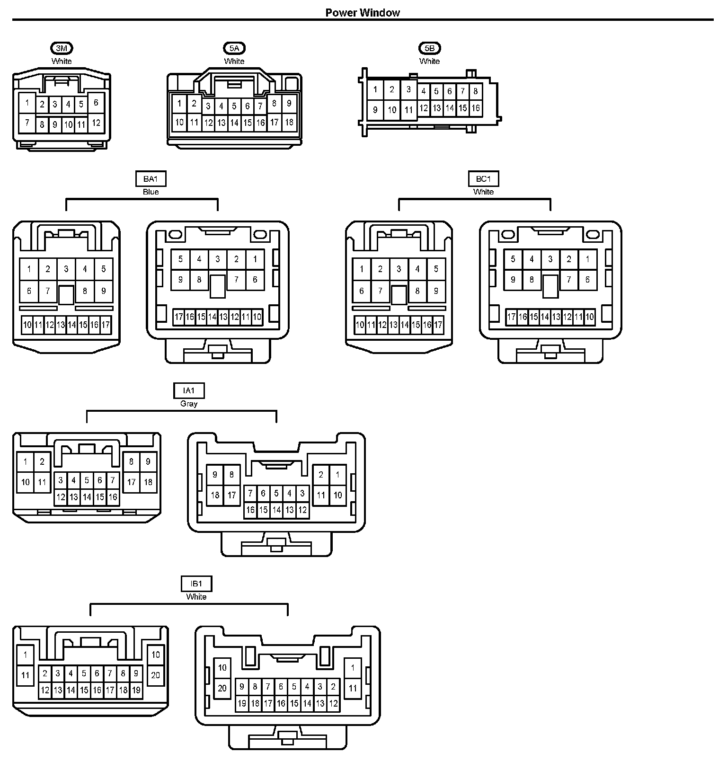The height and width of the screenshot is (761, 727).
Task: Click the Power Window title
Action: [x=363, y=13]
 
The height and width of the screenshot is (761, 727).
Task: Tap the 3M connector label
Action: [x=62, y=48]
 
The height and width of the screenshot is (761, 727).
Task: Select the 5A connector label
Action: [x=234, y=48]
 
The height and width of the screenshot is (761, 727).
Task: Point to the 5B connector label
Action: [x=429, y=48]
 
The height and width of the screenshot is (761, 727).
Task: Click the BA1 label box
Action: [x=151, y=179]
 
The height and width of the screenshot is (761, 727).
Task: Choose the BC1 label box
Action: [x=483, y=179]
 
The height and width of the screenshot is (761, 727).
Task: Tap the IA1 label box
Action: [x=189, y=390]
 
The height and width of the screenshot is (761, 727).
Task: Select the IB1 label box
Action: [x=196, y=584]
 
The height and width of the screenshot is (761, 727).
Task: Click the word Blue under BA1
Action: [x=151, y=192]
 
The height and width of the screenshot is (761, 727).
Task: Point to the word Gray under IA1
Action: [x=189, y=404]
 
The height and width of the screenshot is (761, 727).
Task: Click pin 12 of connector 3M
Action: [x=96, y=123]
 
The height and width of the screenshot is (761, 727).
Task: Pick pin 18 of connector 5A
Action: [x=289, y=122]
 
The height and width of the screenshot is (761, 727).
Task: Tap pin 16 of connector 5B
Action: [x=476, y=108]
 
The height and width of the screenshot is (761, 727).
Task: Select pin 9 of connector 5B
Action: [x=375, y=110]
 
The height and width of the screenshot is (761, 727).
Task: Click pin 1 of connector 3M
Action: [x=27, y=103]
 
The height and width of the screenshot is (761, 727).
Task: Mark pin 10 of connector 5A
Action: [x=179, y=122]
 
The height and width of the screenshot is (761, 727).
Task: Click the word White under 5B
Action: [x=429, y=61]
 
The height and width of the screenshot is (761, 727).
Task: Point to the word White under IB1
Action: [x=196, y=597]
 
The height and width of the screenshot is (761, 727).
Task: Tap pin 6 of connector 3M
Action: [x=96, y=103]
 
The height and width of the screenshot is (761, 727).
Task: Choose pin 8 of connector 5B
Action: [x=476, y=91]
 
